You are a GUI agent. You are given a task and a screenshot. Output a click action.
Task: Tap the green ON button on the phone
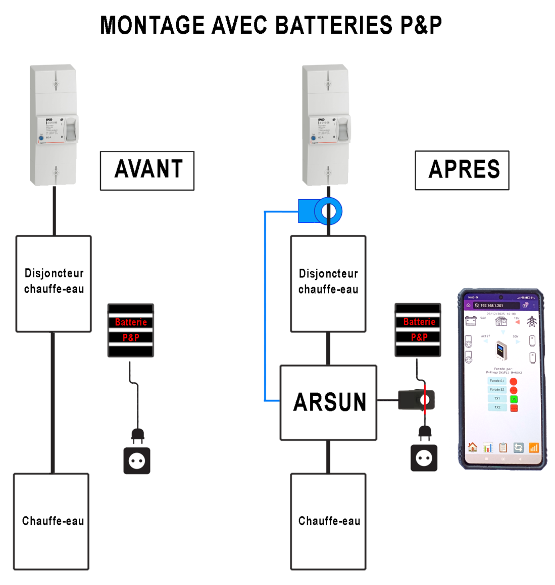514,399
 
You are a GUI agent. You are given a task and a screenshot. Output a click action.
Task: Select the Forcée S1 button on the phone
497,381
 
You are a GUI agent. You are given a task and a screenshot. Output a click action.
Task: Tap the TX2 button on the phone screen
497,407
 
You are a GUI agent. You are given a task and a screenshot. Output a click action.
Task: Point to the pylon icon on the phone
531,321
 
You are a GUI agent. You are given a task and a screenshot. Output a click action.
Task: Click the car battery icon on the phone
471,321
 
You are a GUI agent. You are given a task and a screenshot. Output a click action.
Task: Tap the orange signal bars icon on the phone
533,447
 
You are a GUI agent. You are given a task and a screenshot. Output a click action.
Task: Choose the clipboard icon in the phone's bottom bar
502,447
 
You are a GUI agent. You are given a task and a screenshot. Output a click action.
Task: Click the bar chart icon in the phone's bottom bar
487,447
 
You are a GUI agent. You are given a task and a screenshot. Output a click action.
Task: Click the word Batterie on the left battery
131,322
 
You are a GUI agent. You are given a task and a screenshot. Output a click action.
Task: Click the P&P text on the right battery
419,337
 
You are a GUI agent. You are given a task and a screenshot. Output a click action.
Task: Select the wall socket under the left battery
137,460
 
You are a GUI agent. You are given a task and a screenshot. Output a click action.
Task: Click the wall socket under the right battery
424,458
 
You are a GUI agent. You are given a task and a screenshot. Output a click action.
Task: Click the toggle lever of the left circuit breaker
72,130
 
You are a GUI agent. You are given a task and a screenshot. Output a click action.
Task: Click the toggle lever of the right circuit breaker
343,130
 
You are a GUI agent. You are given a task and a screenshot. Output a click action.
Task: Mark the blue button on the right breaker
314,138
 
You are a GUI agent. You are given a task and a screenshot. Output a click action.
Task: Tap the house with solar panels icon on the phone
501,321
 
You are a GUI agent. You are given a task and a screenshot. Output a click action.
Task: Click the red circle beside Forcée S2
514,390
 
